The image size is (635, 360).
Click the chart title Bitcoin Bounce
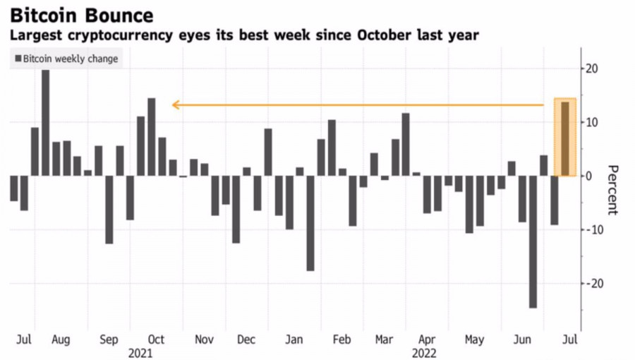point(81,15)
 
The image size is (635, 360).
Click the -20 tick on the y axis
point(592,283)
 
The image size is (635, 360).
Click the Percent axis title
point(612,190)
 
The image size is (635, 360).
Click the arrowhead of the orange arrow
point(174,105)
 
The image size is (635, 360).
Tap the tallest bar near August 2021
point(46,122)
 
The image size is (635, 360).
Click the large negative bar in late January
point(310,223)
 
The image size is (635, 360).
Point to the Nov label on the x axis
point(203,340)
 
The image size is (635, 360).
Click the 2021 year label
point(141,352)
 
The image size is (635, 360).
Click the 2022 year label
point(423,352)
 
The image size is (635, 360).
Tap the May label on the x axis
point(474,340)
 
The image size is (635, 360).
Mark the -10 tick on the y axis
point(592,229)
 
